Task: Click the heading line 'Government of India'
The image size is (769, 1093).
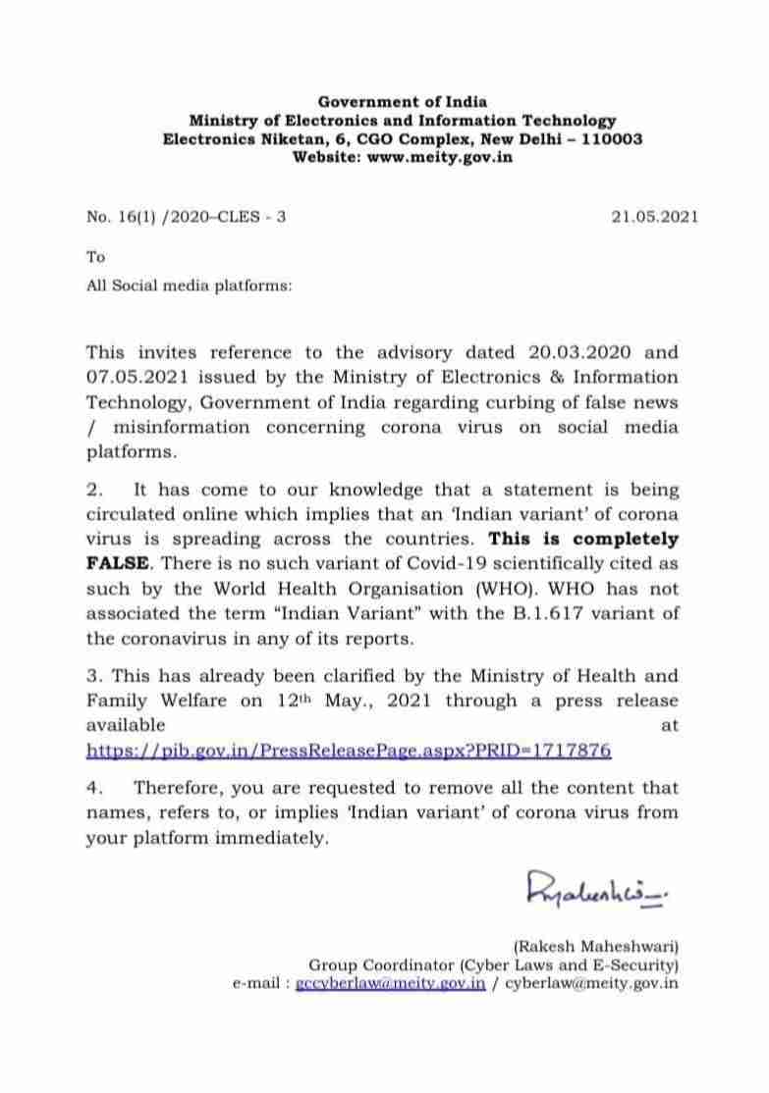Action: [403, 102]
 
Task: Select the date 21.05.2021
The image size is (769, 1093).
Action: [654, 217]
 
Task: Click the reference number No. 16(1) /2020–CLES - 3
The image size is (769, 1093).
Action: [187, 217]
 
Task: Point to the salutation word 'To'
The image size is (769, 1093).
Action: [95, 258]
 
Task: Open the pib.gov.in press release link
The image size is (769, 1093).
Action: [349, 751]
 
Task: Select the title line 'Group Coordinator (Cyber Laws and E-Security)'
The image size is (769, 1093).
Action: [494, 964]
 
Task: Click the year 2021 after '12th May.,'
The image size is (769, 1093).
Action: [413, 701]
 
